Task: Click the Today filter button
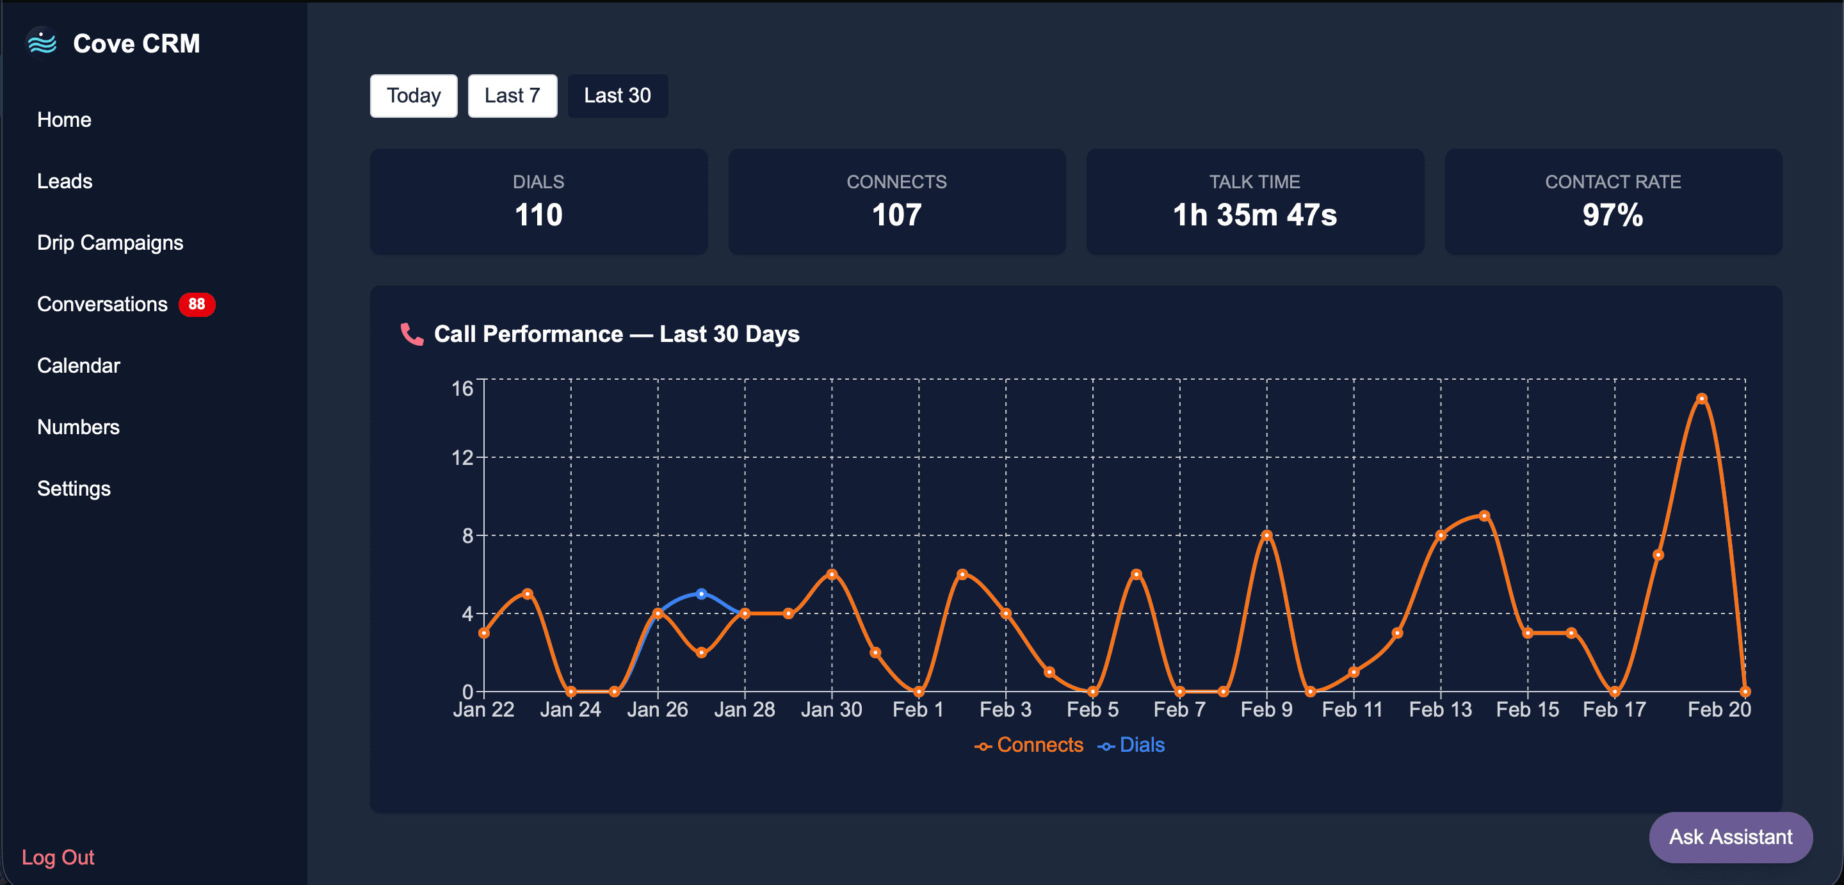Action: [413, 96]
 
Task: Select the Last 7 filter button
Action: [512, 96]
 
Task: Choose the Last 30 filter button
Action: [617, 96]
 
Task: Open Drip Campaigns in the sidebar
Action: [110, 243]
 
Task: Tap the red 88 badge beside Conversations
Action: [196, 304]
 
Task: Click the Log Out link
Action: [58, 857]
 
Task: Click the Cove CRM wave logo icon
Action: [42, 43]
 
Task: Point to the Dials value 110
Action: [538, 215]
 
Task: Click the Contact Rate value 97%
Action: [1612, 215]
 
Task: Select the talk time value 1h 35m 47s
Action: [1254, 215]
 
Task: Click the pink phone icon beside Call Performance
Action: [412, 334]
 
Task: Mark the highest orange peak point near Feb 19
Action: [1702, 399]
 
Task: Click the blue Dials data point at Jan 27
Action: [702, 594]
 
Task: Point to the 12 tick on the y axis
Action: [462, 457]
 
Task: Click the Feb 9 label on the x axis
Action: [1266, 710]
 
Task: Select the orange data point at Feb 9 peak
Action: [1266, 535]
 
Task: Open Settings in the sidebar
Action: [74, 489]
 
